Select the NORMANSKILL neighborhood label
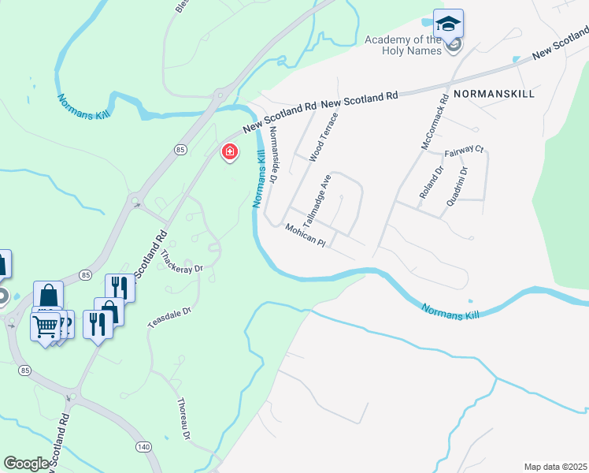click(495, 93)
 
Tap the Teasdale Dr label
click(169, 317)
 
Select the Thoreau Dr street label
click(183, 418)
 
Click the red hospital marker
click(230, 151)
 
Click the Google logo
click(26, 464)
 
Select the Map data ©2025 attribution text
click(554, 467)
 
